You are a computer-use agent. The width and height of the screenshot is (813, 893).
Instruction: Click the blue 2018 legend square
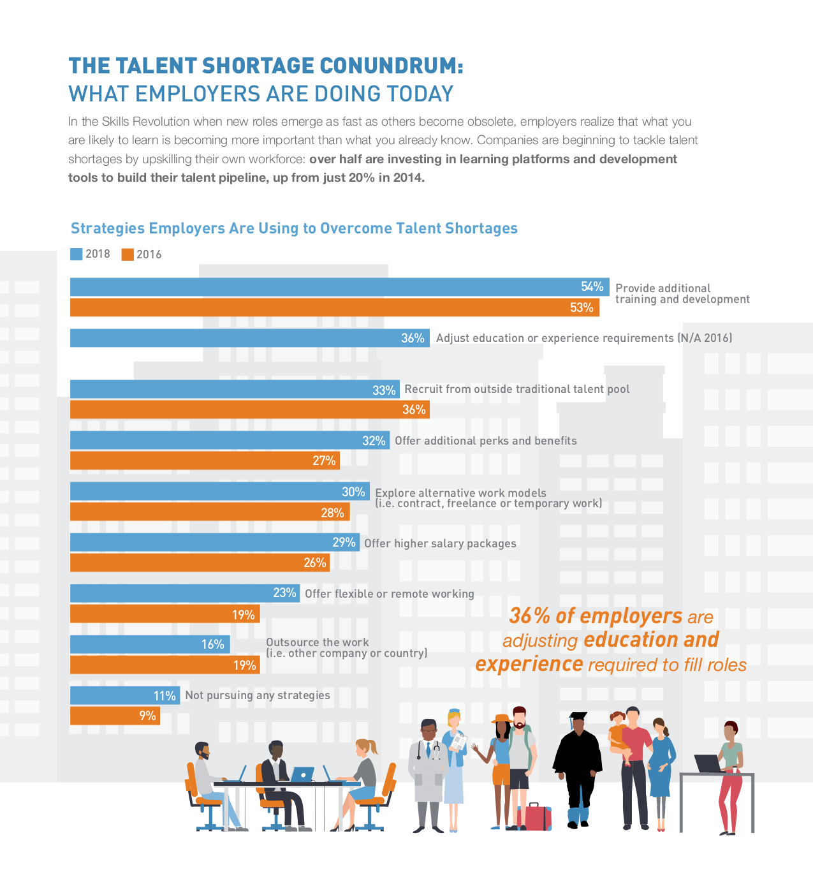tap(76, 254)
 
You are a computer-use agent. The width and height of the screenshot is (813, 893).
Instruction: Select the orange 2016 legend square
tap(128, 255)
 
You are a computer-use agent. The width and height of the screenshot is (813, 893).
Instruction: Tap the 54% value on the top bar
tap(592, 287)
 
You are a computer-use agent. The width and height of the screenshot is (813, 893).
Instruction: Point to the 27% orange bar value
tap(324, 461)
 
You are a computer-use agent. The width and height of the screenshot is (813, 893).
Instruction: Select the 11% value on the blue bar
tap(165, 696)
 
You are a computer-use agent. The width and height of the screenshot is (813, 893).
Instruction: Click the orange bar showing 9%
tap(114, 716)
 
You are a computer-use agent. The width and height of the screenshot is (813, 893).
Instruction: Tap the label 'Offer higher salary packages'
tap(440, 543)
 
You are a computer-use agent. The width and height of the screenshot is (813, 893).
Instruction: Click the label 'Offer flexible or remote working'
tap(389, 594)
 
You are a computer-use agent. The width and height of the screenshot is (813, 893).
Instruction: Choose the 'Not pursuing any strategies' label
tap(258, 695)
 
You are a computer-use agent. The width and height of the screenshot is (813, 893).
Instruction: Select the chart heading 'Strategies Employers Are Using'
tap(294, 228)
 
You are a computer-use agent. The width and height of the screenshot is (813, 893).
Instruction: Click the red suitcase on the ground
tap(538, 817)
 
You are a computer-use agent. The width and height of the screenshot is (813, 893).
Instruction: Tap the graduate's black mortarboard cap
tap(578, 716)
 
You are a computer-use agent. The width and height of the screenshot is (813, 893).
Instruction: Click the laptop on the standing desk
tap(708, 764)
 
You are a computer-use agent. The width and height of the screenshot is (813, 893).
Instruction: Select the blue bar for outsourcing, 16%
tap(150, 644)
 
